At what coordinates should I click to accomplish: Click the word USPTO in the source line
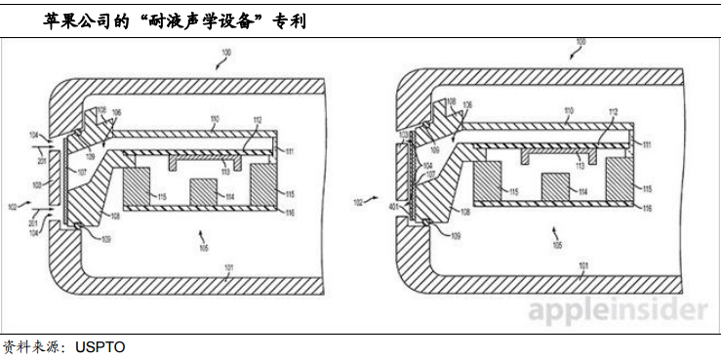coord(100,347)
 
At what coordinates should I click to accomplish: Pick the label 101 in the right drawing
coord(583,265)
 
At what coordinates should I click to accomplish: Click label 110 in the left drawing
coord(214,121)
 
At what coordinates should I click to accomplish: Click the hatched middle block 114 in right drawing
coord(554,187)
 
